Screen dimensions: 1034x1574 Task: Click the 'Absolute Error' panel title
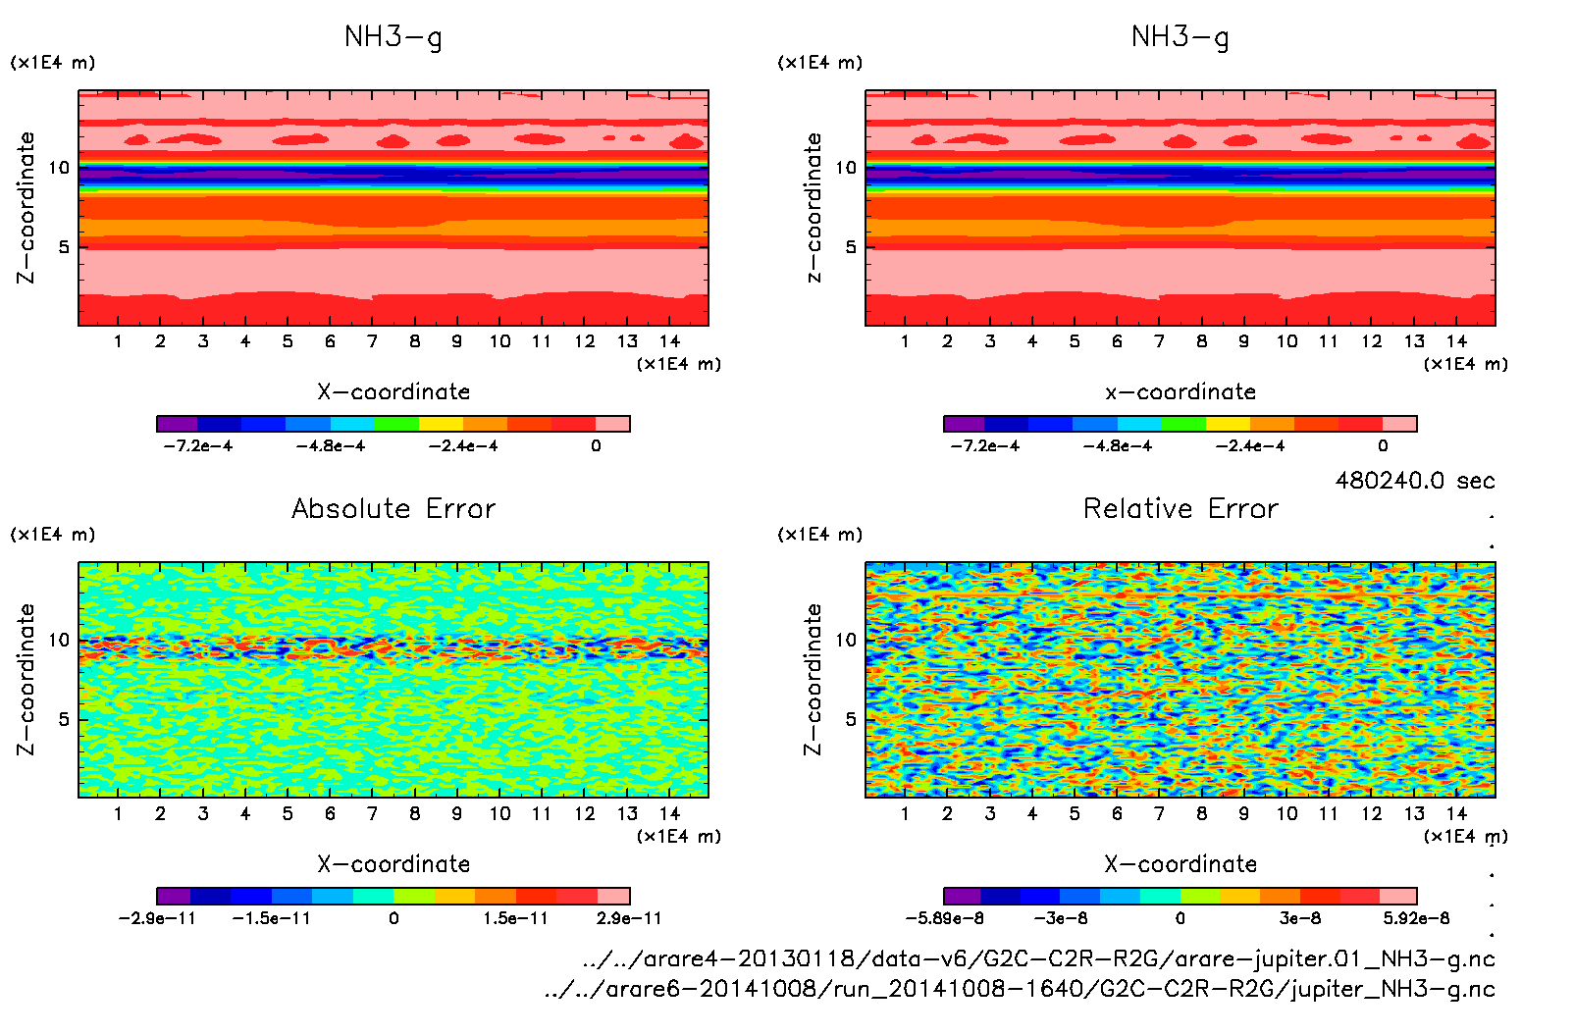393,508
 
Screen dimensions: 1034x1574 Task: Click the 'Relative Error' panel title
1180,508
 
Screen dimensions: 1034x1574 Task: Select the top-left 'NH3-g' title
393,37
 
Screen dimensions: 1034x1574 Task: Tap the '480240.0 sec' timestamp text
1414,481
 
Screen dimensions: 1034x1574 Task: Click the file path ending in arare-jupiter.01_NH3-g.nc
1038,958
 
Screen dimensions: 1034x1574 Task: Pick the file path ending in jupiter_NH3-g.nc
1020,989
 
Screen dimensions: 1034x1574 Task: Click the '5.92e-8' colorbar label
1416,918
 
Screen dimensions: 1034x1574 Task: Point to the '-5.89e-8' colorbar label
944,918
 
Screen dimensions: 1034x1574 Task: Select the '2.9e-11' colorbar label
629,918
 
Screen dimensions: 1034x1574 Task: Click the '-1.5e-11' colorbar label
271,918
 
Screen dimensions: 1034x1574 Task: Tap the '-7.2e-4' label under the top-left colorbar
197,446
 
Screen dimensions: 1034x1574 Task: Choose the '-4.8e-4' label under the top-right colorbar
1117,446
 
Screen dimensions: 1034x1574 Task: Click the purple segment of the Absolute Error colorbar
173,896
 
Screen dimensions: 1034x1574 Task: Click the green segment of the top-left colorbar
396,424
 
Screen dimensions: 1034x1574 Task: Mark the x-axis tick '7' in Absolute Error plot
372,813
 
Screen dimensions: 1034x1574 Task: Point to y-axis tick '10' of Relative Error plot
845,640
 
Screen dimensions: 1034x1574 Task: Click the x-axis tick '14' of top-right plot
1456,341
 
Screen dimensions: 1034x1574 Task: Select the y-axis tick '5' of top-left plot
64,247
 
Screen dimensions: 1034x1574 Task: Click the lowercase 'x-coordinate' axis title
1180,392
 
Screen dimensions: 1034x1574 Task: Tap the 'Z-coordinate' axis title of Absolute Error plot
26,679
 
